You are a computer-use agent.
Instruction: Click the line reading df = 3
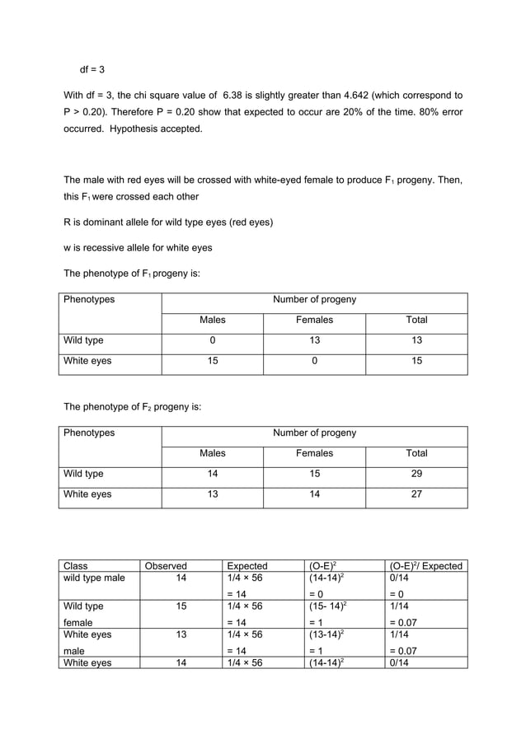(92, 69)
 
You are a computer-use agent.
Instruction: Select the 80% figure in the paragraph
(415, 112)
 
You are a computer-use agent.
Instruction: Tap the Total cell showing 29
(416, 474)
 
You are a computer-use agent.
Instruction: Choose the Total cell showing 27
(416, 494)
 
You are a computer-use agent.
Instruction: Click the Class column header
(76, 566)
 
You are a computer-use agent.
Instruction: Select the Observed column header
(166, 566)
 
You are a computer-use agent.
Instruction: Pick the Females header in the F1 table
(314, 320)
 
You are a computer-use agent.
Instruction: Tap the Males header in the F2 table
(212, 453)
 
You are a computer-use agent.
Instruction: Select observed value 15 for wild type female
(181, 606)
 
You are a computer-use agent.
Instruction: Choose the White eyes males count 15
(212, 361)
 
